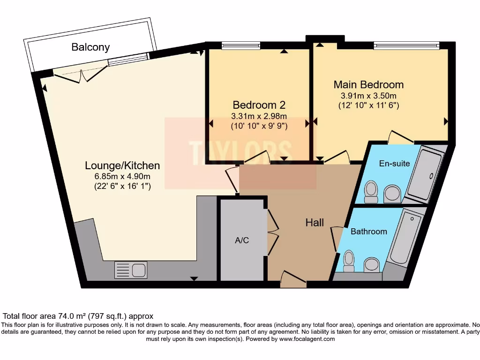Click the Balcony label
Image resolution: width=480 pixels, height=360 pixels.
pyautogui.click(x=90, y=47)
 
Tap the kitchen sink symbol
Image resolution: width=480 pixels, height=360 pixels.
pyautogui.click(x=131, y=270)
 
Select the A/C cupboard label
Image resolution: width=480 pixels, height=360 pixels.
pyautogui.click(x=242, y=240)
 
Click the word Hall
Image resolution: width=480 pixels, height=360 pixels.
pyautogui.click(x=315, y=223)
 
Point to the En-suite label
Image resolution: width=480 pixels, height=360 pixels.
pyautogui.click(x=394, y=164)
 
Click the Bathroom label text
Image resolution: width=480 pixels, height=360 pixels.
pyautogui.click(x=369, y=232)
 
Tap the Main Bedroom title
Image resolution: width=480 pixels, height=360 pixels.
pyautogui.click(x=368, y=85)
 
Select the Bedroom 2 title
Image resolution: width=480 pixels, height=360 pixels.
pyautogui.click(x=259, y=105)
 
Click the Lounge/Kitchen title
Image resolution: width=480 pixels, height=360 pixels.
pyautogui.click(x=122, y=165)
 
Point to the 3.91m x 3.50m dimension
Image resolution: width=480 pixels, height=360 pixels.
pyautogui.click(x=368, y=96)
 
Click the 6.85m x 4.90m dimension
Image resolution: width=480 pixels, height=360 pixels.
pyautogui.click(x=122, y=177)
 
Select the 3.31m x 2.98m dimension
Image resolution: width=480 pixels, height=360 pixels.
pyautogui.click(x=259, y=116)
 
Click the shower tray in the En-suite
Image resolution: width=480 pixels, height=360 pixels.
pyautogui.click(x=424, y=175)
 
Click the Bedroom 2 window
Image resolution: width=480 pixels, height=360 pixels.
pyautogui.click(x=237, y=45)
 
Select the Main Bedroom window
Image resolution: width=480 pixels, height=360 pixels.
pyautogui.click(x=406, y=45)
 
